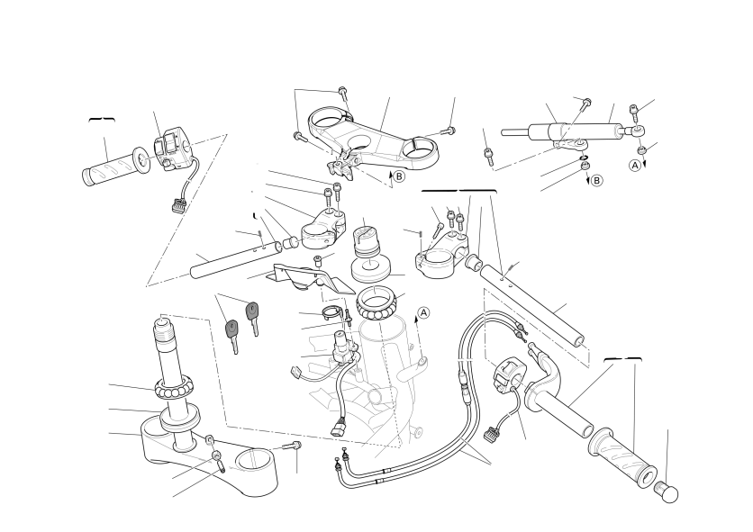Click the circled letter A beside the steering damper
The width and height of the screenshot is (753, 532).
[x=635, y=165]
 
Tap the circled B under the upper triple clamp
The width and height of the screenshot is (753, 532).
[x=399, y=176]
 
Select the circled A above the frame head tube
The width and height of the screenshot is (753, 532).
[x=423, y=312]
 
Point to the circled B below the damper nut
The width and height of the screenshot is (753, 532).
[x=596, y=181]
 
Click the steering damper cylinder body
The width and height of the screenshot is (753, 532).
[x=576, y=131]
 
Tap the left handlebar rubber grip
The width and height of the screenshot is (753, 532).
[x=115, y=167]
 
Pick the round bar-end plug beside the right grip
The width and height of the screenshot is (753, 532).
[x=667, y=492]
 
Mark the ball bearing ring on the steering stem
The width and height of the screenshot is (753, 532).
[x=175, y=387]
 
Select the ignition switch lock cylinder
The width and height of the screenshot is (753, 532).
[x=343, y=346]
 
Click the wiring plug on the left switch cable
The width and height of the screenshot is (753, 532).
[x=178, y=206]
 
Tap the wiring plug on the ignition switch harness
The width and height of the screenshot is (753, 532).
[x=338, y=426]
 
